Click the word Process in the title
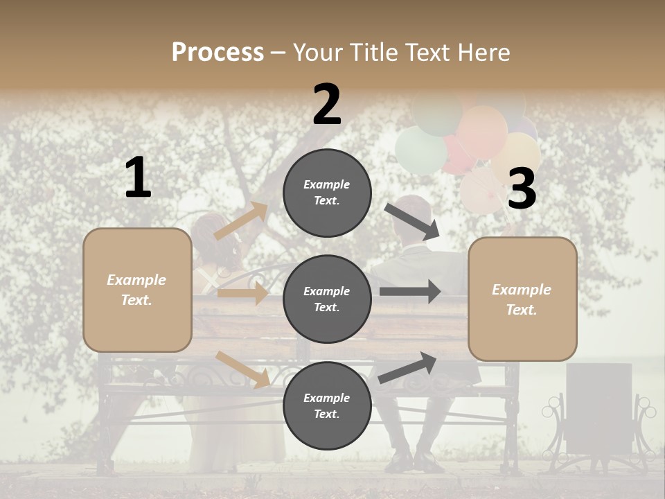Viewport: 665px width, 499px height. pyautogui.click(x=218, y=52)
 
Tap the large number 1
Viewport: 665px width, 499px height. pyautogui.click(x=138, y=177)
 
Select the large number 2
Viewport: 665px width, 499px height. pyautogui.click(x=327, y=104)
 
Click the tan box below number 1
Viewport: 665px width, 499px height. pyautogui.click(x=137, y=290)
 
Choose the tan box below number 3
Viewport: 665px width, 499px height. pyautogui.click(x=522, y=299)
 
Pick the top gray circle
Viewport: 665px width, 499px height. pyautogui.click(x=327, y=193)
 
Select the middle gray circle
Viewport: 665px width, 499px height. pyautogui.click(x=327, y=299)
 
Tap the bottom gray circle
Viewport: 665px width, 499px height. pyautogui.click(x=327, y=405)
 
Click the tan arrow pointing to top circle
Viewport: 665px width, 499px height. pyautogui.click(x=241, y=221)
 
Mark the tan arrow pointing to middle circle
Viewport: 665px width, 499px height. pyautogui.click(x=242, y=293)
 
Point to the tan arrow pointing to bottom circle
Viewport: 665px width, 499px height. pyautogui.click(x=242, y=369)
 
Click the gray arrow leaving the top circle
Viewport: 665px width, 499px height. pyautogui.click(x=412, y=221)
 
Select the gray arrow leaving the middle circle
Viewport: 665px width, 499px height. pyautogui.click(x=410, y=292)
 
